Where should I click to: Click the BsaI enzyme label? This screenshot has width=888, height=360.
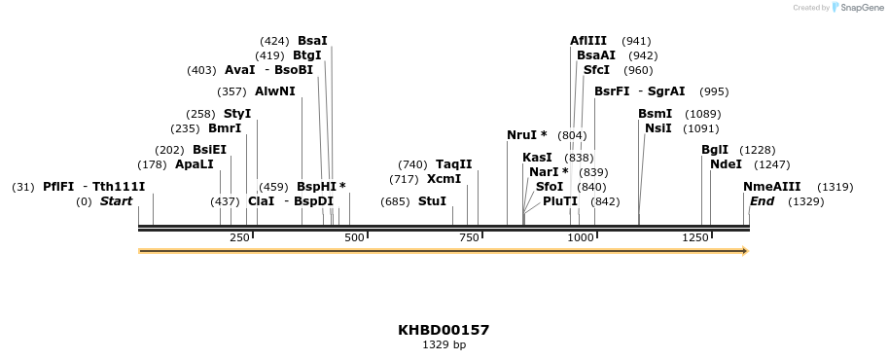click(312, 41)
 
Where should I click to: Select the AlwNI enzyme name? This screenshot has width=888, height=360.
click(274, 91)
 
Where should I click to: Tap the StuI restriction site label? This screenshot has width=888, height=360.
click(432, 201)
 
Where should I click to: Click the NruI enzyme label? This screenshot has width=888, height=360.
click(526, 135)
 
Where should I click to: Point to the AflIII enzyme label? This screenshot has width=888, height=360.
click(588, 41)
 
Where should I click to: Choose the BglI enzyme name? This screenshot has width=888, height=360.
click(715, 150)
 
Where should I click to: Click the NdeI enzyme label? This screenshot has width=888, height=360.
click(726, 164)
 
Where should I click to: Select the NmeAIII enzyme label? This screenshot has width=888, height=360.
click(771, 187)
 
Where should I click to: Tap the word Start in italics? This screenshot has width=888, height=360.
click(117, 201)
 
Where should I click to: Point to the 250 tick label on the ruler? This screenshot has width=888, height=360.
click(239, 237)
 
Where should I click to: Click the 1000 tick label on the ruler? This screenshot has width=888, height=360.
click(581, 237)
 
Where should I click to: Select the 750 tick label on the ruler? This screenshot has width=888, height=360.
click(469, 237)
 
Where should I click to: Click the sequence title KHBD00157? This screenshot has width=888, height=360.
click(444, 330)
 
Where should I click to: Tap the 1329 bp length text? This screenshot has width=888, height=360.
click(444, 345)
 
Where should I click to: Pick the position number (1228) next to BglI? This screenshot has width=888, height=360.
click(758, 150)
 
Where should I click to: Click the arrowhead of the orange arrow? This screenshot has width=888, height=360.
click(745, 251)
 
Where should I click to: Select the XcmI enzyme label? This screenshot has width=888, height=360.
click(444, 179)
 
